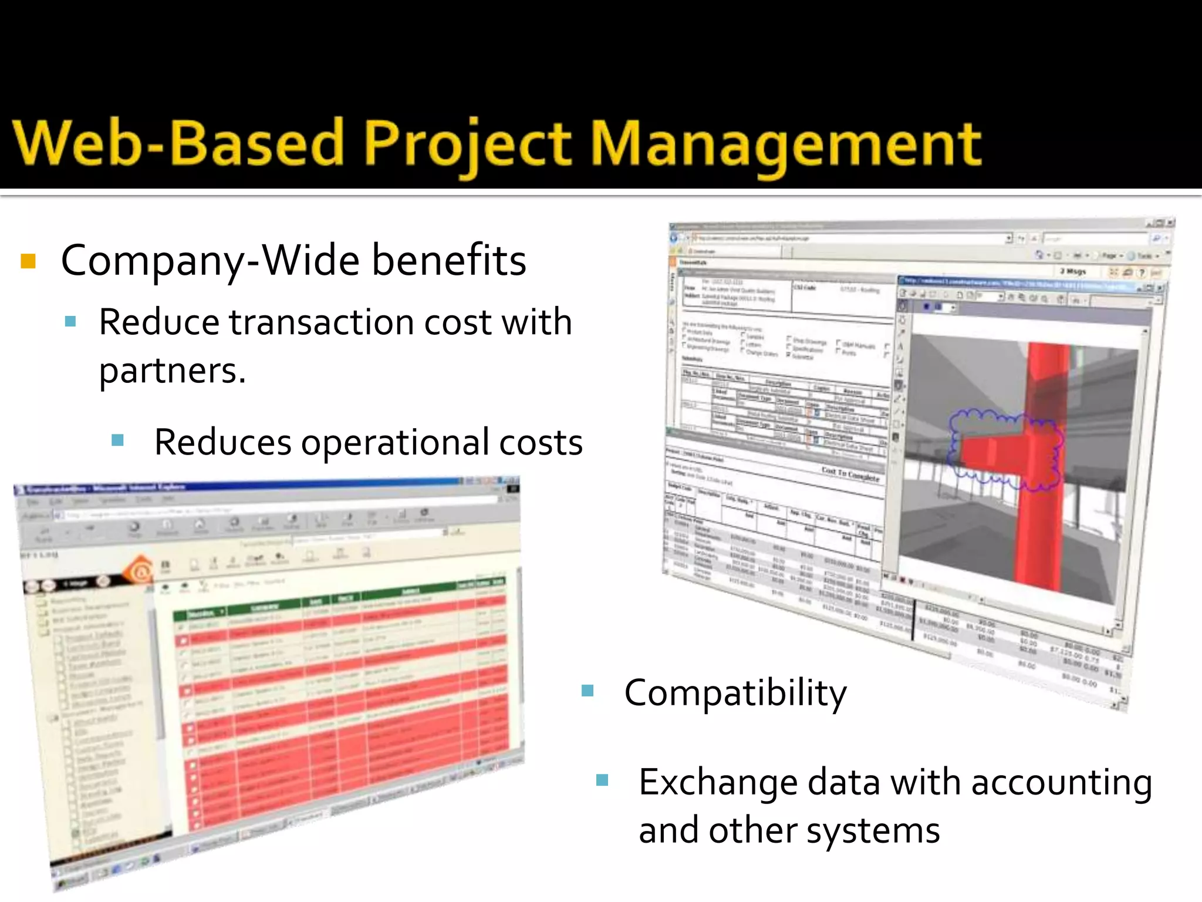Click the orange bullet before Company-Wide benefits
pyautogui.click(x=28, y=261)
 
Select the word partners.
pyautogui.click(x=172, y=371)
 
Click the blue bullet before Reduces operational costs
pyautogui.click(x=117, y=440)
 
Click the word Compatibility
pyautogui.click(x=735, y=693)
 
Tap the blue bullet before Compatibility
pyautogui.click(x=588, y=691)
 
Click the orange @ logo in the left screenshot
pyautogui.click(x=140, y=571)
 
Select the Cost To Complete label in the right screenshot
pyautogui.click(x=850, y=474)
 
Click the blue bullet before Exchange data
pyautogui.click(x=602, y=780)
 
